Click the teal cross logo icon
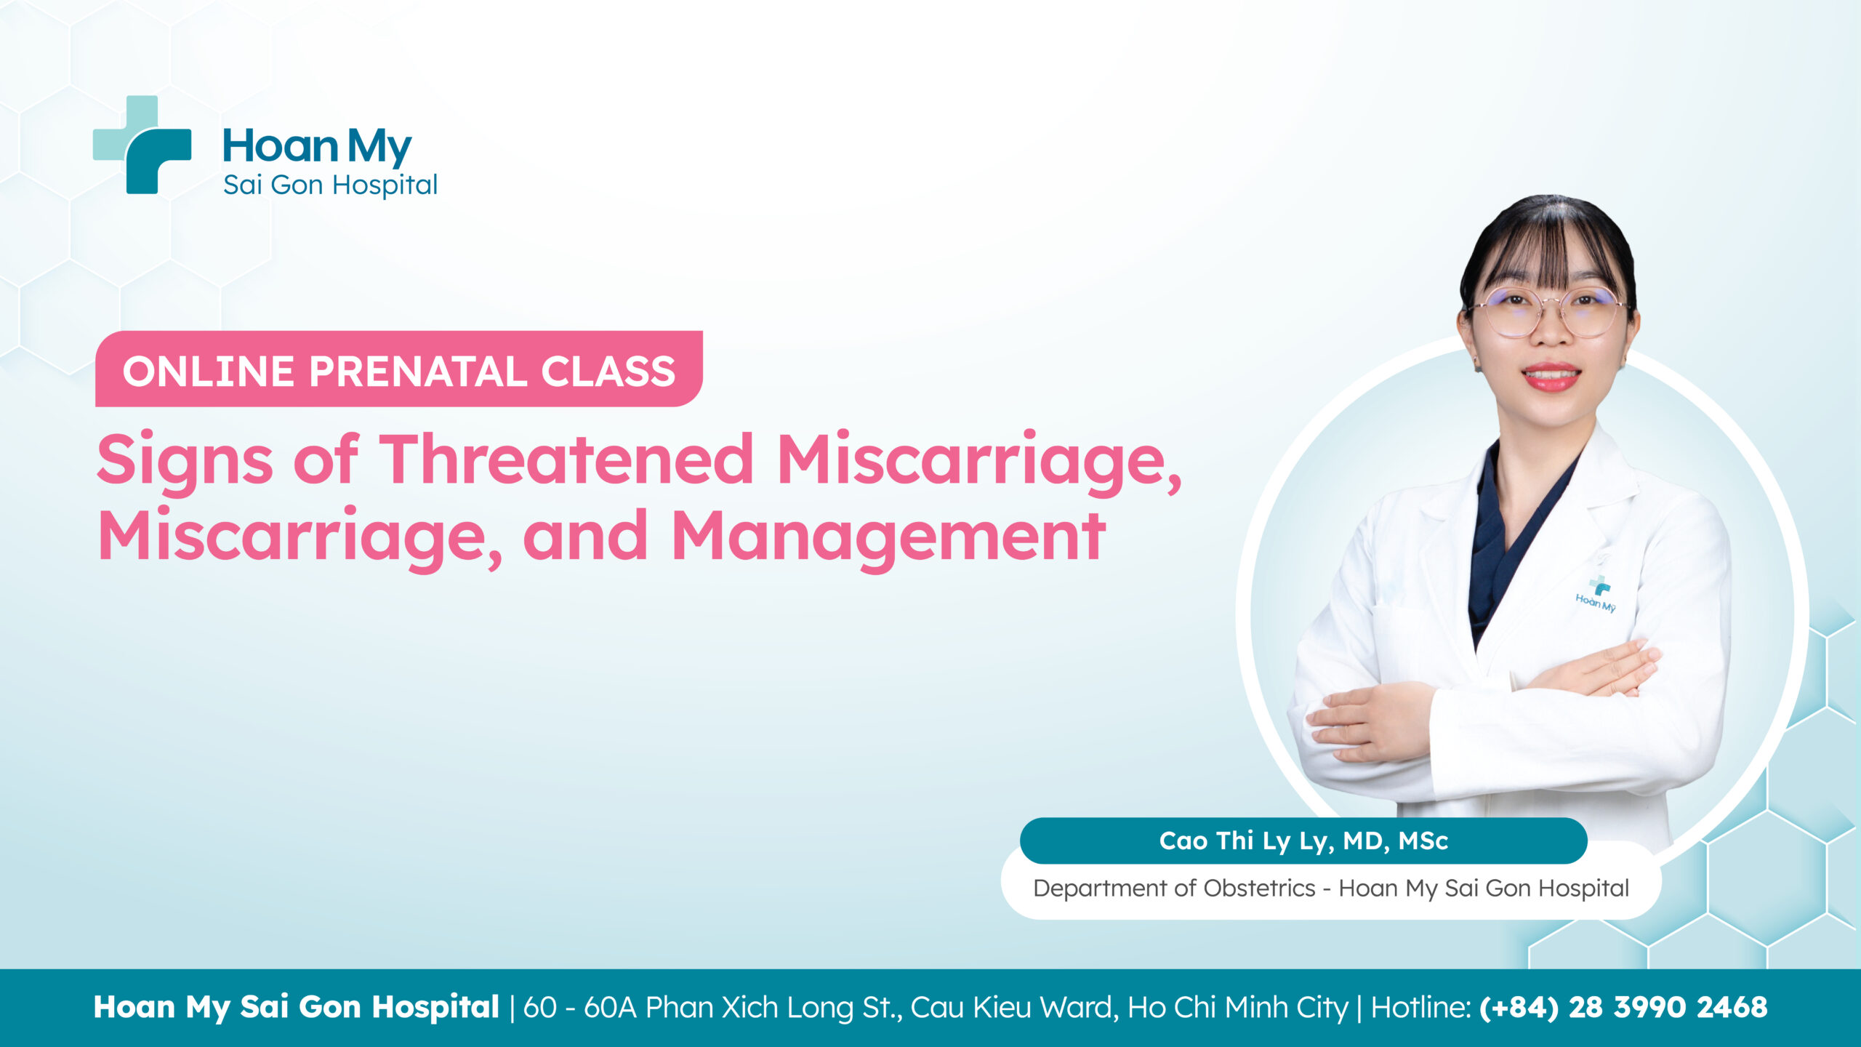(142, 145)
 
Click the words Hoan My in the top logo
(317, 146)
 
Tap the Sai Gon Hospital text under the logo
(330, 185)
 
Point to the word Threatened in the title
(566, 459)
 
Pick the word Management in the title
(888, 537)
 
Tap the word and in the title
(584, 537)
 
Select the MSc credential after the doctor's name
(1423, 841)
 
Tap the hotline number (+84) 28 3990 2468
(1623, 1008)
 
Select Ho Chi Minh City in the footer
(1238, 1008)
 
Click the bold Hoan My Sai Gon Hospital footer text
(296, 1008)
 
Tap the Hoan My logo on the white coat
(1596, 595)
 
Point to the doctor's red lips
(1551, 377)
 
